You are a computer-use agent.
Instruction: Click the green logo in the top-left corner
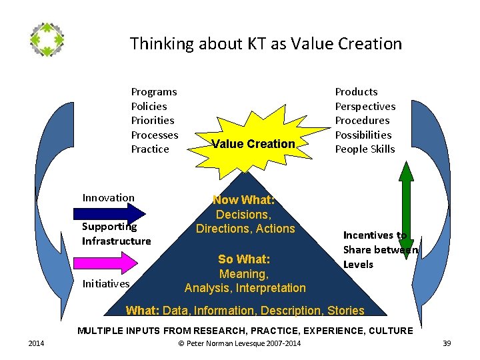click(47, 39)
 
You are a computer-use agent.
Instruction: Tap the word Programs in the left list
click(154, 92)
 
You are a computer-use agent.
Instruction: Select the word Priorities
click(153, 121)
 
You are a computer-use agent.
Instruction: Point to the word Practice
click(150, 149)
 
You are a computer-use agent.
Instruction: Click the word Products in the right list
click(356, 92)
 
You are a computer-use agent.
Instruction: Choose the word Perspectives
click(365, 107)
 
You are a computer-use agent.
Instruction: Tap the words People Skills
click(365, 149)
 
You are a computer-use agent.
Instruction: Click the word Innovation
click(108, 198)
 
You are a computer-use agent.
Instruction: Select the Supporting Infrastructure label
click(116, 234)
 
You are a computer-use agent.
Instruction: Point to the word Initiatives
click(105, 284)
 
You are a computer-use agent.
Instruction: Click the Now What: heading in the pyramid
click(243, 200)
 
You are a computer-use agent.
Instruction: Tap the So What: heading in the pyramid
click(244, 259)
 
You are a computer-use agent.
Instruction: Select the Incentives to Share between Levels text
click(379, 249)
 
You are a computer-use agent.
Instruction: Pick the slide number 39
click(447, 343)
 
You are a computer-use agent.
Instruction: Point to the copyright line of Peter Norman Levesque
click(240, 343)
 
